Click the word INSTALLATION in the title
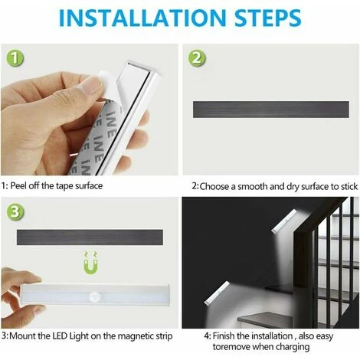[142, 18]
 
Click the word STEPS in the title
[268, 18]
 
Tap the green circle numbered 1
[15, 58]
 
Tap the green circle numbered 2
[197, 58]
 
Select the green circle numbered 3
[15, 211]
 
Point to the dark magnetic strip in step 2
[271, 110]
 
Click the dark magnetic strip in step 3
[90, 237]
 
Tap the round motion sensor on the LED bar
[94, 297]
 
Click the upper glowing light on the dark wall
[284, 221]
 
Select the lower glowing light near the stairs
[217, 293]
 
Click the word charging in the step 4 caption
[293, 347]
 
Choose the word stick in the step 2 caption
[349, 187]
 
